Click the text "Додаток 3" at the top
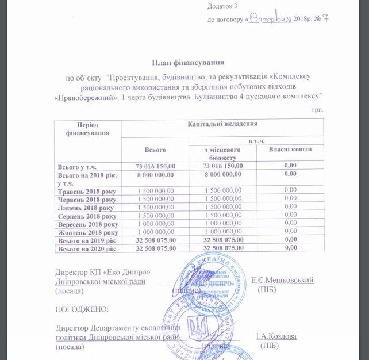(222, 6)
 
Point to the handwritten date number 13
(255, 18)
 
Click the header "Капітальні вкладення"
(222, 124)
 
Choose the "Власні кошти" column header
(290, 150)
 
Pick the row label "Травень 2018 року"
(87, 190)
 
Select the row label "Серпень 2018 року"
(87, 216)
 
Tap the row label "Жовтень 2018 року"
(87, 232)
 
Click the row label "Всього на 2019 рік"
(87, 240)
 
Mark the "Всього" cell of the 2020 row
(155, 248)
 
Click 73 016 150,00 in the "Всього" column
(155, 166)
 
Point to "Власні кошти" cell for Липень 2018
(290, 207)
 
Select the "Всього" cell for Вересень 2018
(155, 224)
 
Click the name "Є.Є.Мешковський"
(282, 280)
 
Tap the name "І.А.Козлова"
(276, 336)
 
